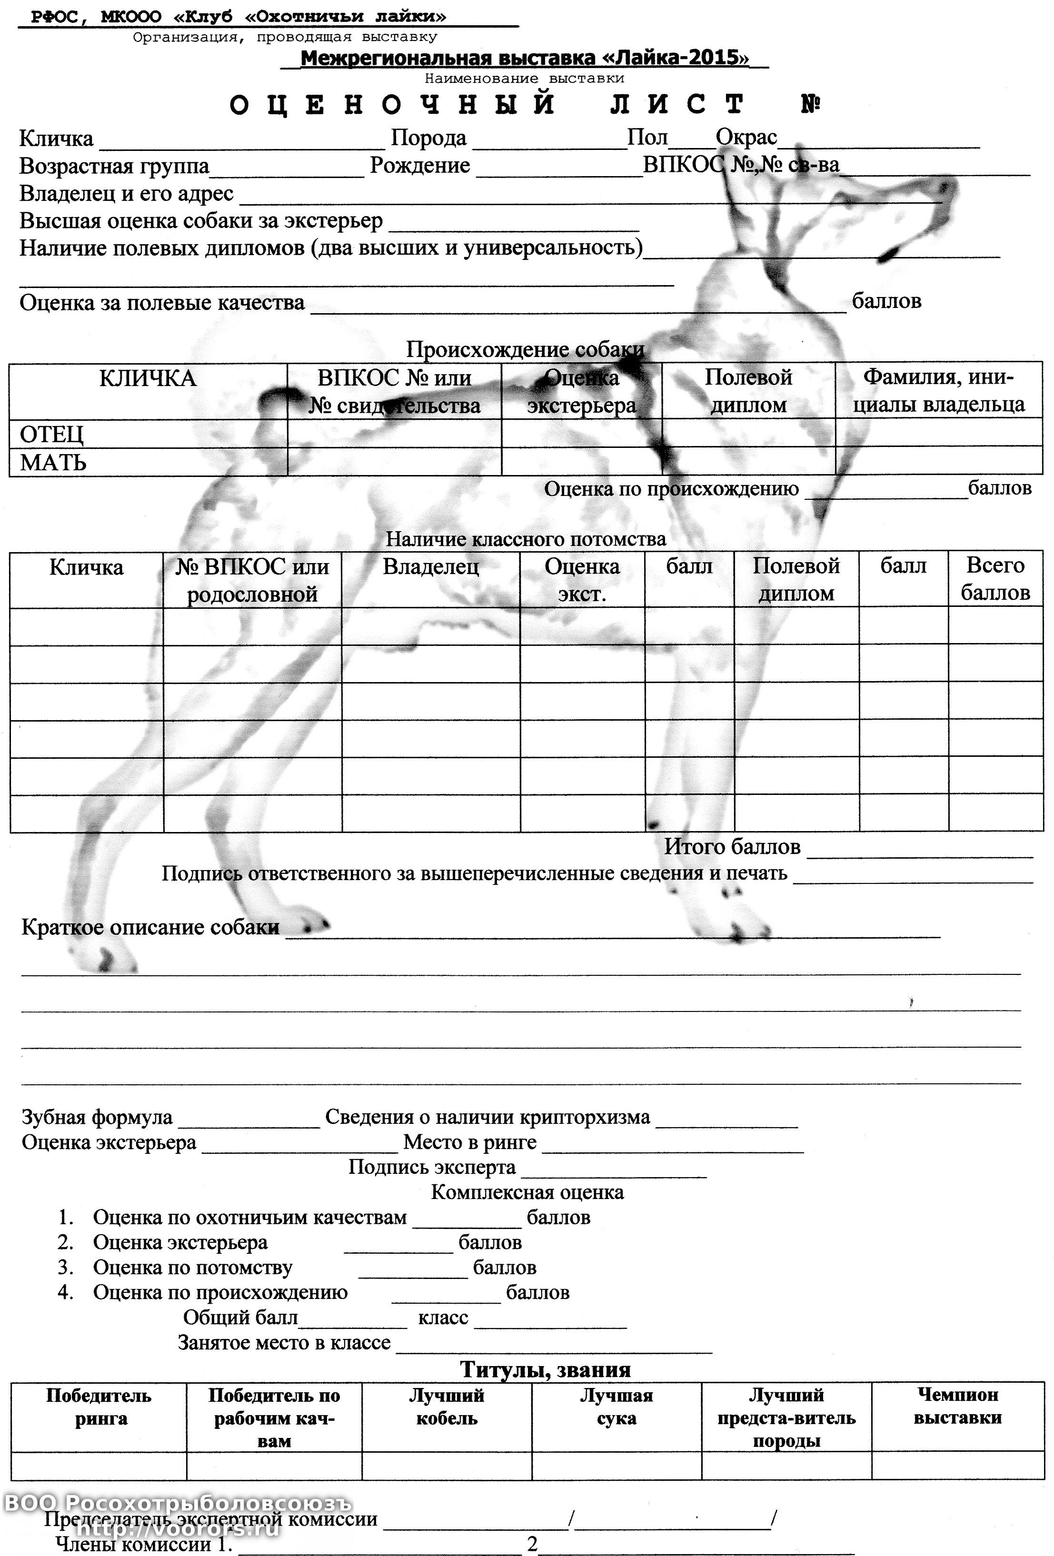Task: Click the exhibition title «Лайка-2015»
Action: point(524,58)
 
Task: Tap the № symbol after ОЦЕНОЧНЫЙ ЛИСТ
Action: point(811,104)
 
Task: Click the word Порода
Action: point(428,138)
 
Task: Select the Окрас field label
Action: point(746,137)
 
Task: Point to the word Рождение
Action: point(420,165)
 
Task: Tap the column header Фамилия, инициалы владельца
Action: point(938,390)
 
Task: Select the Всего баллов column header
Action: point(995,579)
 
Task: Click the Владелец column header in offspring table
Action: point(430,567)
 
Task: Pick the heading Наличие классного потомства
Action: point(526,539)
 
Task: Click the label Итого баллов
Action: point(732,847)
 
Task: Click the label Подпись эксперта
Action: point(432,1167)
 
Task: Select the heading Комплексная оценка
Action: point(527,1192)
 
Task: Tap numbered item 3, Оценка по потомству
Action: point(192,1268)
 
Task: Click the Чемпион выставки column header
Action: point(957,1406)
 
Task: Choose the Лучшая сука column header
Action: point(616,1407)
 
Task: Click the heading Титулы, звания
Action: point(545,1370)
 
